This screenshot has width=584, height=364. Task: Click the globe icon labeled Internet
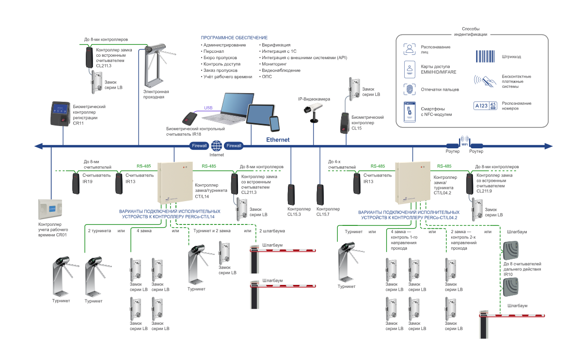217,145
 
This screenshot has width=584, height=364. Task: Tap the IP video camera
311,110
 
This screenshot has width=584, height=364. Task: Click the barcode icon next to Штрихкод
485,56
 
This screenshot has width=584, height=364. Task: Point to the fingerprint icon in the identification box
410,90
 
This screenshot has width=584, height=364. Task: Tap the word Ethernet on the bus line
278,140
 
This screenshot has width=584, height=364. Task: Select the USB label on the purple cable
208,108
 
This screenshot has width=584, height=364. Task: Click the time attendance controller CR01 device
51,207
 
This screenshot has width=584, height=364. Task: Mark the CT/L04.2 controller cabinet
412,182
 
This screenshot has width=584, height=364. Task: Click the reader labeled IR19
77,183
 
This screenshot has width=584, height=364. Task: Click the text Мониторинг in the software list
275,63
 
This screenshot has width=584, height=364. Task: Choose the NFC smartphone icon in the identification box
410,111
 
